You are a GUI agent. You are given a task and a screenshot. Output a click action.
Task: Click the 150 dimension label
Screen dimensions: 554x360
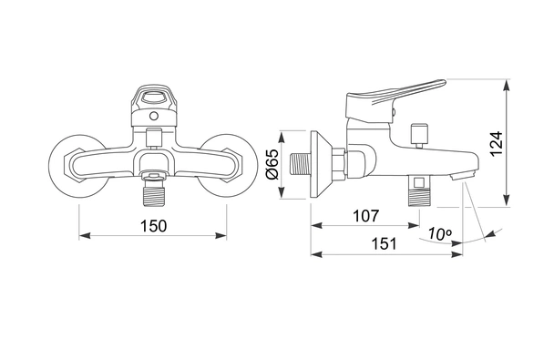click(x=153, y=226)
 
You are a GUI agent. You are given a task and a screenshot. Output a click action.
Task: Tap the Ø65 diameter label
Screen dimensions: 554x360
click(x=272, y=164)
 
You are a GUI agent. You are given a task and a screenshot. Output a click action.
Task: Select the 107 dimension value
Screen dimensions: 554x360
click(x=366, y=216)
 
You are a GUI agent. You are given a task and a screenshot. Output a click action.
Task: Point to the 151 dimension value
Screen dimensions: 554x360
click(x=384, y=243)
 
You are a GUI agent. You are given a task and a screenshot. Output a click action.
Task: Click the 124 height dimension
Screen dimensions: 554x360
click(x=497, y=143)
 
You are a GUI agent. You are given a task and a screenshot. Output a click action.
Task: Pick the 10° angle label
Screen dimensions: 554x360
click(x=440, y=233)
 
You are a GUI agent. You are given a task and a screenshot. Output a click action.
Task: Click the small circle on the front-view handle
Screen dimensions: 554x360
click(x=154, y=116)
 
